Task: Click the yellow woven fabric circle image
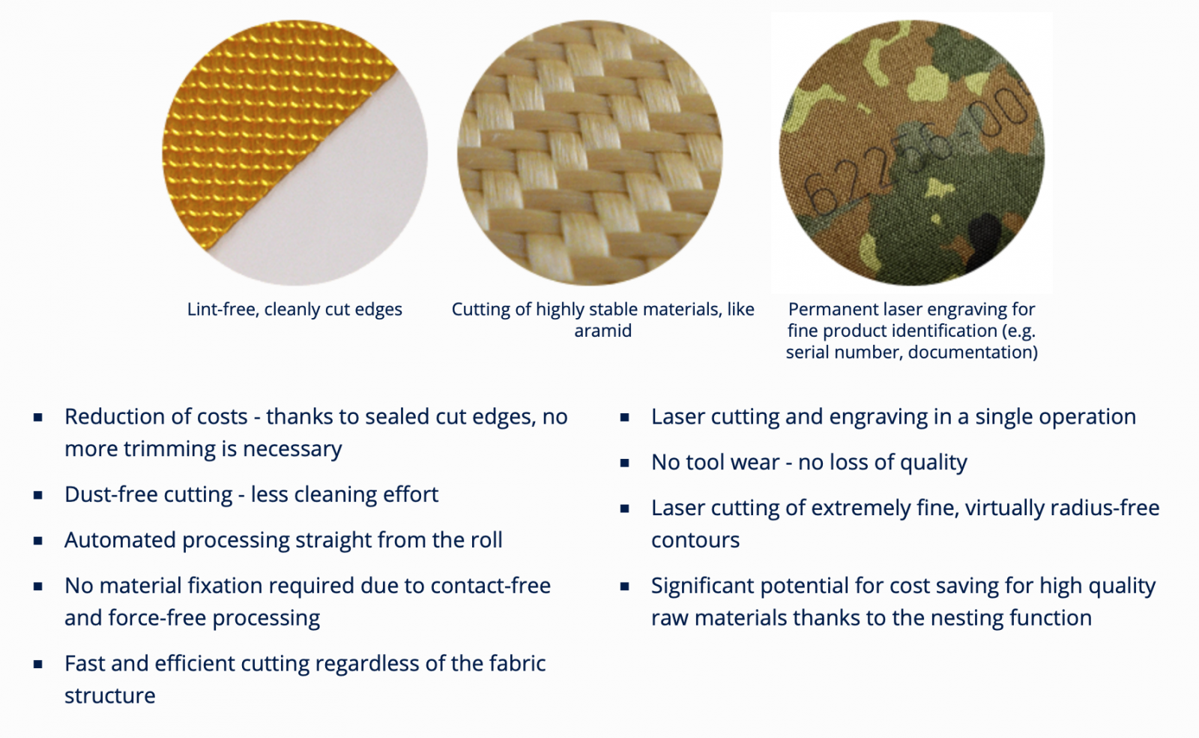tap(295, 153)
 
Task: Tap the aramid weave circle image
tap(590, 153)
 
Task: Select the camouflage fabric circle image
tap(911, 153)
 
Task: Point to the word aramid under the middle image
tap(602, 331)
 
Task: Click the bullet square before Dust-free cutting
tap(38, 495)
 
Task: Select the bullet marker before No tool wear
tap(625, 463)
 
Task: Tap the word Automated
tap(120, 540)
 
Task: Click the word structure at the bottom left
tap(109, 696)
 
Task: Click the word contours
tap(695, 540)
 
